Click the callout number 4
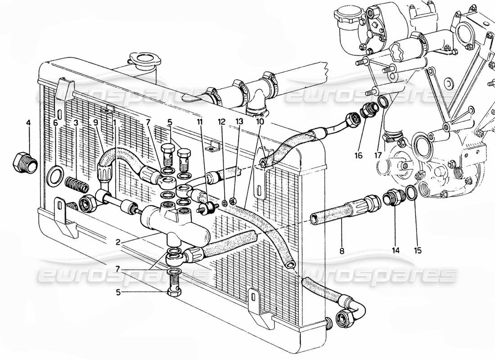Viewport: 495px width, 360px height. (x=28, y=122)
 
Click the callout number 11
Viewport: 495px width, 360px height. (x=200, y=122)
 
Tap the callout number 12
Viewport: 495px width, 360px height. (x=221, y=122)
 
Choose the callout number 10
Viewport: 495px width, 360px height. (x=261, y=122)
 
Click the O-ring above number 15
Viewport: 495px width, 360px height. (x=412, y=193)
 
